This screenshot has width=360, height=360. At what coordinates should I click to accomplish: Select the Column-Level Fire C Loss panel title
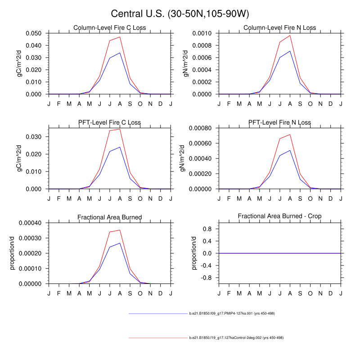[x=110, y=28]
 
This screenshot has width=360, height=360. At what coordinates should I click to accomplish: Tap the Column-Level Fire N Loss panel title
[x=279, y=28]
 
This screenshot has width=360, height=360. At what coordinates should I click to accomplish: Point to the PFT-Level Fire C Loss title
[x=110, y=123]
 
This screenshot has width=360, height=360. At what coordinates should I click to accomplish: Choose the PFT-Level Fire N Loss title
[x=279, y=123]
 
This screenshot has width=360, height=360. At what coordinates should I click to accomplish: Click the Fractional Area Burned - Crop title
[x=279, y=217]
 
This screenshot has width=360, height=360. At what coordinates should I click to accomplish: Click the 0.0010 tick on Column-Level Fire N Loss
[x=203, y=33]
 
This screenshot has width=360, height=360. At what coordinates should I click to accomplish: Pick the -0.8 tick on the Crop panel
[x=207, y=278]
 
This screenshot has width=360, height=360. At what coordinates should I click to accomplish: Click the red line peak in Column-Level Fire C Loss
[x=120, y=37]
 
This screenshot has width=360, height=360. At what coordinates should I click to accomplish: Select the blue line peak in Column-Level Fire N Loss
[x=290, y=51]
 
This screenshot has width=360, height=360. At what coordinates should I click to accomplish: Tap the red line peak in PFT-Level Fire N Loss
[x=290, y=134]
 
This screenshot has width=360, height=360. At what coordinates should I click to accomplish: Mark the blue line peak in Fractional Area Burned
[x=120, y=243]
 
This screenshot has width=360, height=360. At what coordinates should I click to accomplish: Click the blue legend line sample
[x=157, y=313]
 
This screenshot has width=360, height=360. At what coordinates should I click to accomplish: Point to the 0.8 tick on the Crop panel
[x=208, y=229]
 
